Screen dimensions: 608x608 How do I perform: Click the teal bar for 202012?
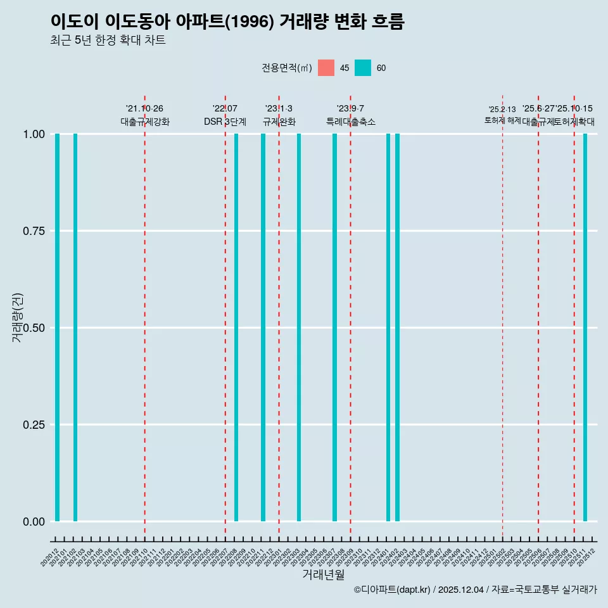[x=57, y=327]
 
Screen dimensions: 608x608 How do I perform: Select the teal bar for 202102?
[x=75, y=327]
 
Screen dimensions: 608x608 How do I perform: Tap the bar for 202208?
[x=236, y=327]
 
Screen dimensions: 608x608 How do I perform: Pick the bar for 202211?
[x=263, y=327]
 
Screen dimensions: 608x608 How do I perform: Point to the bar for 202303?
[x=299, y=327]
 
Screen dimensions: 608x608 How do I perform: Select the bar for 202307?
[x=334, y=327]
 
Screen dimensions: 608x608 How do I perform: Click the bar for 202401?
[x=388, y=327]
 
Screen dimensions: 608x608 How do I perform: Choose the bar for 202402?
[x=397, y=327]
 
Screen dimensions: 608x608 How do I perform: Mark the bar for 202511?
[x=585, y=327]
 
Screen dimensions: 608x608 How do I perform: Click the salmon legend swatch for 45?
[x=326, y=68]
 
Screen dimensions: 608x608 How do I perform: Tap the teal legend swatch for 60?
[x=363, y=68]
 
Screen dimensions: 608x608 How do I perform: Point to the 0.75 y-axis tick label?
[x=34, y=231]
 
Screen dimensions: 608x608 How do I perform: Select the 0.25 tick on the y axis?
[x=34, y=424]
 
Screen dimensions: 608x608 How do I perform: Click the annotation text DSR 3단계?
[x=225, y=122]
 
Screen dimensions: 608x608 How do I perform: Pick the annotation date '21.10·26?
[x=144, y=109]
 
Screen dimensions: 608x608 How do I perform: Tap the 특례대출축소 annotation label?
[x=350, y=122]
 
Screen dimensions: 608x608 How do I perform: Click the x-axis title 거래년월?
[x=324, y=574]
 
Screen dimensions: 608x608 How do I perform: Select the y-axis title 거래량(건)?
[x=18, y=318]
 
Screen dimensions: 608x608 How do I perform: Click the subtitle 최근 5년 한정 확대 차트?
[x=108, y=41]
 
